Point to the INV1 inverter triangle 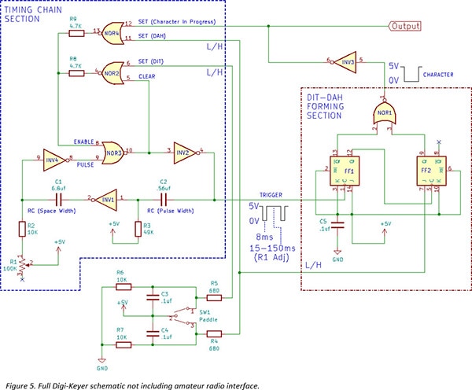pos(107,200)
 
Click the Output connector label pos(404,26)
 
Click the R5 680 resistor pos(213,297)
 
